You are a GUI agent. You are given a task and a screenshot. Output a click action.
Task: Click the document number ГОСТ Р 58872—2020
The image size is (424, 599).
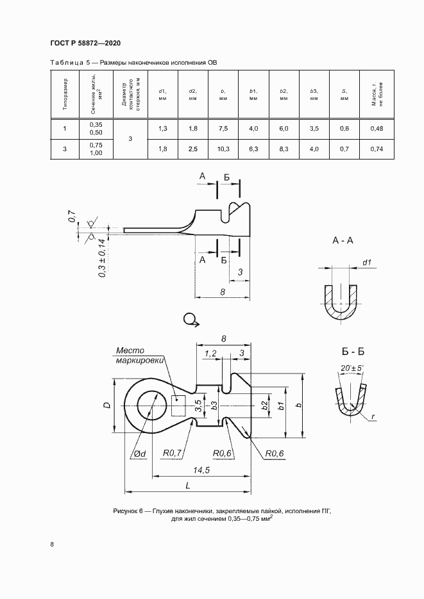click(85, 43)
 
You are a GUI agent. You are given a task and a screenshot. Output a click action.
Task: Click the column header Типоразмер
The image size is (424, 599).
click(65, 95)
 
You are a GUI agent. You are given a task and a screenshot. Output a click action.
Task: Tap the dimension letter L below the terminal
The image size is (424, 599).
click(187, 486)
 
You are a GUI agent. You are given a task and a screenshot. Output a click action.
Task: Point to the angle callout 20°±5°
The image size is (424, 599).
click(352, 368)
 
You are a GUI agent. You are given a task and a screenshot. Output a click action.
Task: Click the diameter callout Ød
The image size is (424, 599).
click(140, 454)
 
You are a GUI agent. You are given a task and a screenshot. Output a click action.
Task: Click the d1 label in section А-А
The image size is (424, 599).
click(367, 262)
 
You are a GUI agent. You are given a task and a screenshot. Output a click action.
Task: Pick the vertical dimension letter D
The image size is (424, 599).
click(107, 406)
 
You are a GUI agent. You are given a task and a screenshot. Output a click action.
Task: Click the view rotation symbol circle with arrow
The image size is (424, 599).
click(190, 319)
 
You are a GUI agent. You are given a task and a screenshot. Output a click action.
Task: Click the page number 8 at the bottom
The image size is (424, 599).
click(51, 545)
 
